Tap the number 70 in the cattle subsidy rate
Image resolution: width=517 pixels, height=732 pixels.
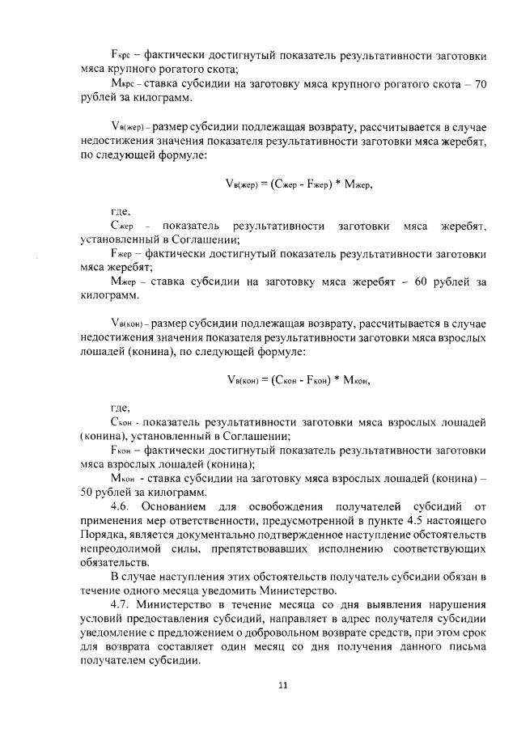477,85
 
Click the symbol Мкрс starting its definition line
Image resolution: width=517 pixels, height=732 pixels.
122,85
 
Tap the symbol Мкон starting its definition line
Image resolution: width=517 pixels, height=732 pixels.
123,479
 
